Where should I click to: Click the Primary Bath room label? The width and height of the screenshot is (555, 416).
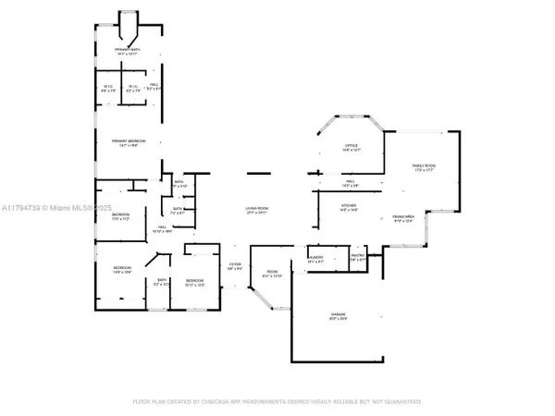pos(127,52)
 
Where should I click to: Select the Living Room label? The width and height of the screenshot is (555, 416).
pos(256,211)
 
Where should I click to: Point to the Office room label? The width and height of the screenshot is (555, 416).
pos(351,146)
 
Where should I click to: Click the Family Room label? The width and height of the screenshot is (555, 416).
pos(424,167)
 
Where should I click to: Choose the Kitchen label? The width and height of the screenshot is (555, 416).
pos(349,207)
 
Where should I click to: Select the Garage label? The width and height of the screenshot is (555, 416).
pos(339,317)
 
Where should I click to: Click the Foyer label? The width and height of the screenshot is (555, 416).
pos(235,267)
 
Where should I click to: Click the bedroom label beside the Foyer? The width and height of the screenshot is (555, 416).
pos(193,282)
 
